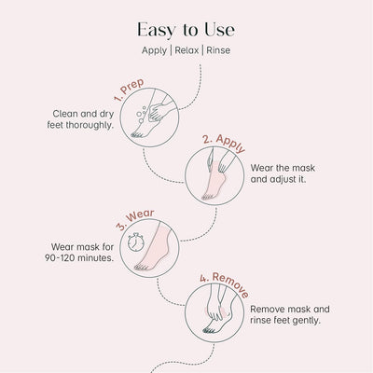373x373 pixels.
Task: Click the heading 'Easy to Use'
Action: (186, 29)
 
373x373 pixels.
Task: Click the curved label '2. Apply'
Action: (223, 144)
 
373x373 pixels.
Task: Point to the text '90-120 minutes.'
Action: (81, 258)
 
